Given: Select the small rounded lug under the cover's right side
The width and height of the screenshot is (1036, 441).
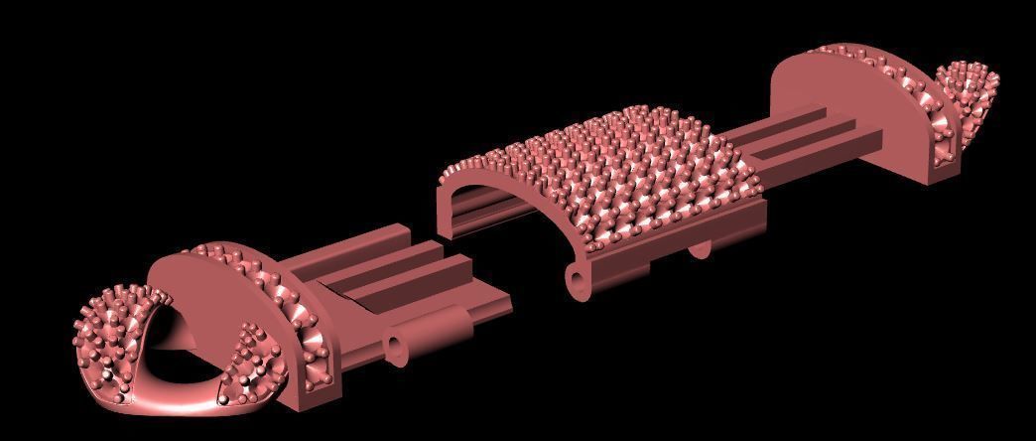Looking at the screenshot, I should (x=700, y=247).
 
